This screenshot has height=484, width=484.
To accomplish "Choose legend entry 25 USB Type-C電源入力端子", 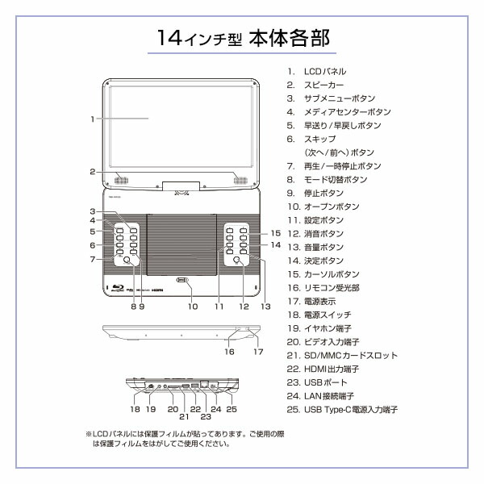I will pyautogui.click(x=351, y=410).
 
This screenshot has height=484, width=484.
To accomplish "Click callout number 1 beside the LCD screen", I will pyautogui.click(x=94, y=119).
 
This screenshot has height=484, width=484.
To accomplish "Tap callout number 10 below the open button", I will pyautogui.click(x=192, y=307).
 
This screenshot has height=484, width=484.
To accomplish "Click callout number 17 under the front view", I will pyautogui.click(x=258, y=352).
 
